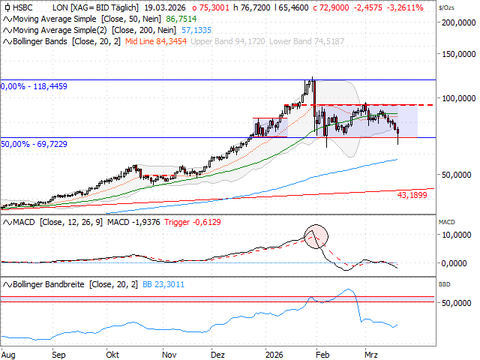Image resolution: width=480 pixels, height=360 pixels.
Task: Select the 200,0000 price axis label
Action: [459, 22]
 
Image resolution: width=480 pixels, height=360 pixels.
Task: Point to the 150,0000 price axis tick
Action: [459, 55]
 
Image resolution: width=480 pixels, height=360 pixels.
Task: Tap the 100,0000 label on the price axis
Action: [459, 97]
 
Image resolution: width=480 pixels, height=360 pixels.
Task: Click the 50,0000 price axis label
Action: [459, 175]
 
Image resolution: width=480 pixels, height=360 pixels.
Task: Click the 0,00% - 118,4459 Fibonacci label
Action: [34, 86]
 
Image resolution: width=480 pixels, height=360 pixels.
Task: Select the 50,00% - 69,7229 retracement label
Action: [34, 142]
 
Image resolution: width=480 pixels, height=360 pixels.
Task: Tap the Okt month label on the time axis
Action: [113, 352]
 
